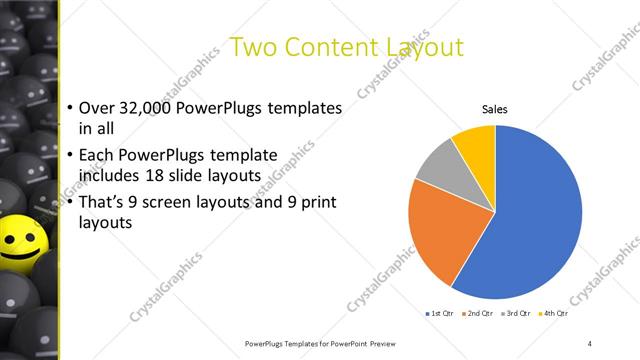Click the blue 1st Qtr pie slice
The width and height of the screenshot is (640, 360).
[540, 220]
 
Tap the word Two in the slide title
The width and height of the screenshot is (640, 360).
[254, 47]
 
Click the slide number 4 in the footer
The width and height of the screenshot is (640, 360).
[590, 344]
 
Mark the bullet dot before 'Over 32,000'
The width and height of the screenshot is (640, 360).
[69, 109]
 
